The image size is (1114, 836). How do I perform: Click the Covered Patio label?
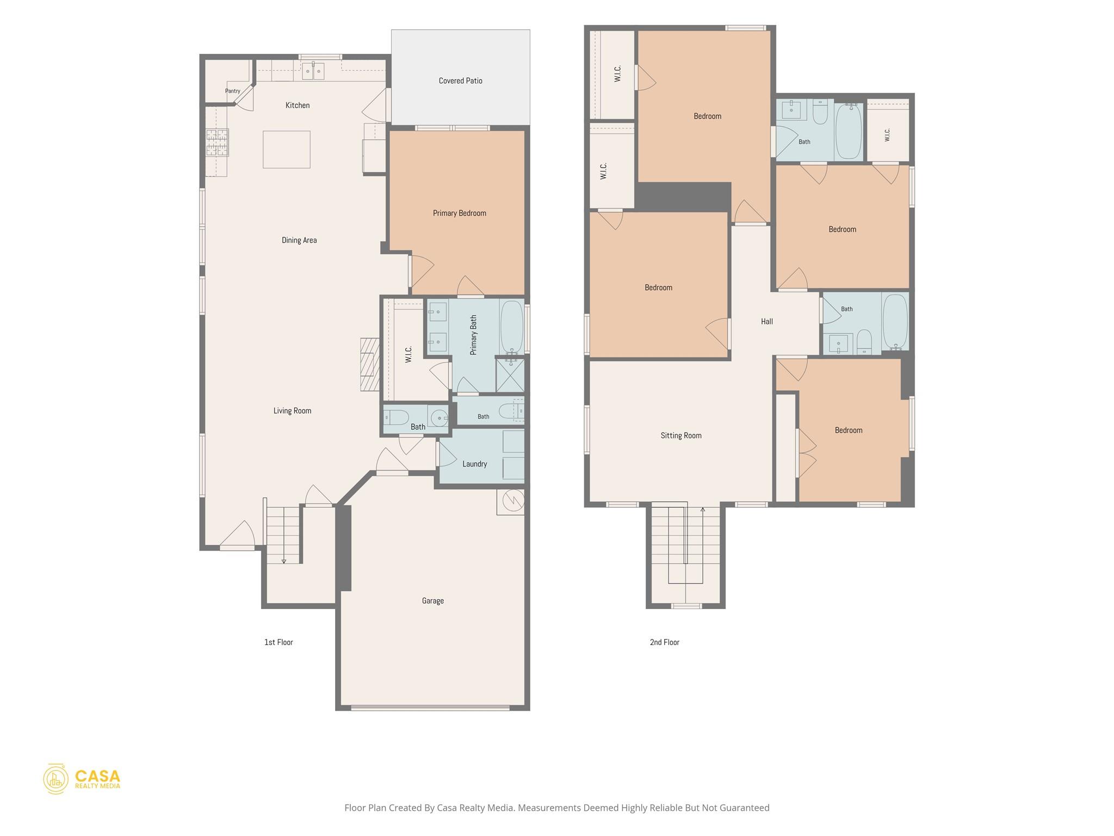pyautogui.click(x=460, y=81)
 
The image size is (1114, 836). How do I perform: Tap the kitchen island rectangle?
pyautogui.click(x=287, y=149)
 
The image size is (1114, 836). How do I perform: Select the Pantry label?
pyautogui.click(x=233, y=91)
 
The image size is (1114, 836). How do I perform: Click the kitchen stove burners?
pyautogui.click(x=217, y=143)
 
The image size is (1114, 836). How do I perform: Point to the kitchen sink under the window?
pyautogui.click(x=313, y=71)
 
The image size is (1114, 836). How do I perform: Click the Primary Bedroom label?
pyautogui.click(x=460, y=213)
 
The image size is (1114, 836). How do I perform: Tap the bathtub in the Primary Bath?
pyautogui.click(x=511, y=327)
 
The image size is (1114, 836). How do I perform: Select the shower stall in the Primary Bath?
pyautogui.click(x=510, y=375)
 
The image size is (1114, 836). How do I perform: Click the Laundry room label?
pyautogui.click(x=474, y=464)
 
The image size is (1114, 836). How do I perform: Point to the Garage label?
pyautogui.click(x=433, y=601)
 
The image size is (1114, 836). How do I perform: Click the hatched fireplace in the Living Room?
pyautogui.click(x=370, y=365)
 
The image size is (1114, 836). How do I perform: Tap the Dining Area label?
pyautogui.click(x=299, y=241)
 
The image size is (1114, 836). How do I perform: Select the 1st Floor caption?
pyautogui.click(x=278, y=642)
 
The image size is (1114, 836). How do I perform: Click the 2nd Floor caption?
pyautogui.click(x=665, y=642)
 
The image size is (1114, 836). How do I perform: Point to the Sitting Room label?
pyautogui.click(x=681, y=435)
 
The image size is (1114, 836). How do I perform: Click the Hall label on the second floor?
pyautogui.click(x=767, y=322)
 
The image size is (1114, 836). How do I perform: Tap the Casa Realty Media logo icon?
pyautogui.click(x=56, y=779)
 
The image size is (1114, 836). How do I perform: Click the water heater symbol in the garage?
pyautogui.click(x=511, y=501)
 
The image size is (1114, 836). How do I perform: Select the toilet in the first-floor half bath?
pyautogui.click(x=396, y=418)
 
